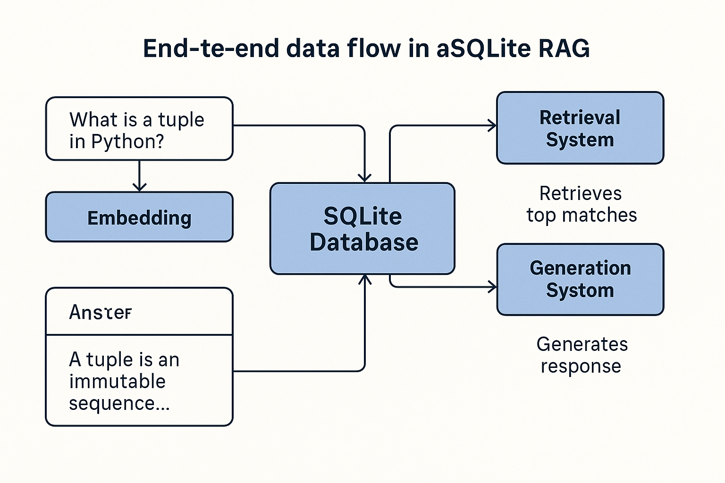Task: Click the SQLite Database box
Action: pos(362,228)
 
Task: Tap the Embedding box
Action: pos(139,217)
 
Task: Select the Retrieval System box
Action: pos(580,128)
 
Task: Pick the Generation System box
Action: pos(580,279)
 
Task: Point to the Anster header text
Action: pos(100,312)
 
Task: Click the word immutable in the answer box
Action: pos(118,381)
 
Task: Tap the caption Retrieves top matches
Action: pos(582,204)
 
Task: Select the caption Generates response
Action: pos(582,355)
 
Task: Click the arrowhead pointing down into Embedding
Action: pos(139,187)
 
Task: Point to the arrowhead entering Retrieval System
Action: pos(492,125)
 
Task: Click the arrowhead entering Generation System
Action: pos(492,287)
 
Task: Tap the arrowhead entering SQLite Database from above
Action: pos(365,178)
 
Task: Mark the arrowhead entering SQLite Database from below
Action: pos(365,279)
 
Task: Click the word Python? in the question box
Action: pos(127,142)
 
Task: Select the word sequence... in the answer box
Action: pos(119,403)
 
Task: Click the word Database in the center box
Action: pos(364,242)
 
